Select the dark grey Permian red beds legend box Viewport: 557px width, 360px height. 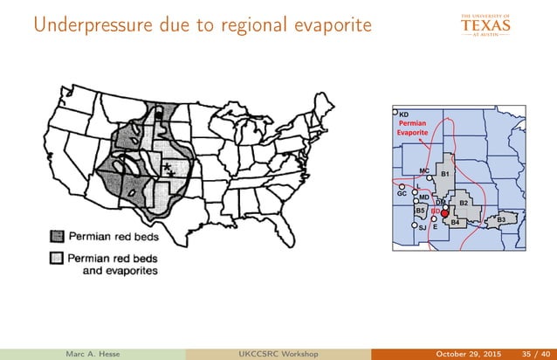(56, 235)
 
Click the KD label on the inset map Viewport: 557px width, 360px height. (404, 114)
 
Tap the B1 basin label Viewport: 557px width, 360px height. (444, 176)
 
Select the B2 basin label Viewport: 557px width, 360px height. (464, 204)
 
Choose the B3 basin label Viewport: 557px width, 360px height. (501, 218)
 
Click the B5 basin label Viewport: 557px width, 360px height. (420, 211)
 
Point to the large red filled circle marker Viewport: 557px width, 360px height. (444, 212)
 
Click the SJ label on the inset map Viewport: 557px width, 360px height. (423, 227)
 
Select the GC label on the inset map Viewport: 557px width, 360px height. (402, 193)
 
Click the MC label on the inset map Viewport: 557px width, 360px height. (423, 171)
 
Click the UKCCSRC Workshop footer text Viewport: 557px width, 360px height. (278, 352)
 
